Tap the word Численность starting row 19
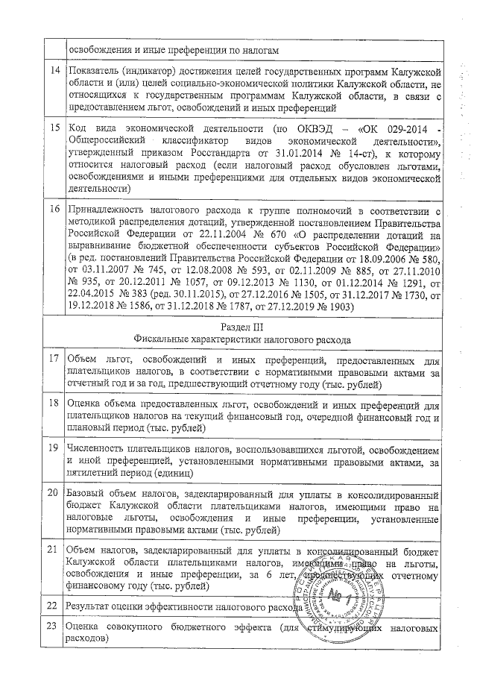[x=97, y=450]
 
